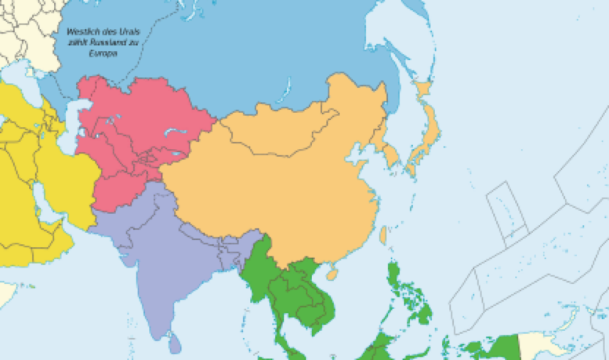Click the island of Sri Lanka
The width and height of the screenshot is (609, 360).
pyautogui.click(x=175, y=344)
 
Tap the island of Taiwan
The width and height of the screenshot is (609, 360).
pyautogui.click(x=383, y=235)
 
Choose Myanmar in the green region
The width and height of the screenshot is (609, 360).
pyautogui.click(x=259, y=268)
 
